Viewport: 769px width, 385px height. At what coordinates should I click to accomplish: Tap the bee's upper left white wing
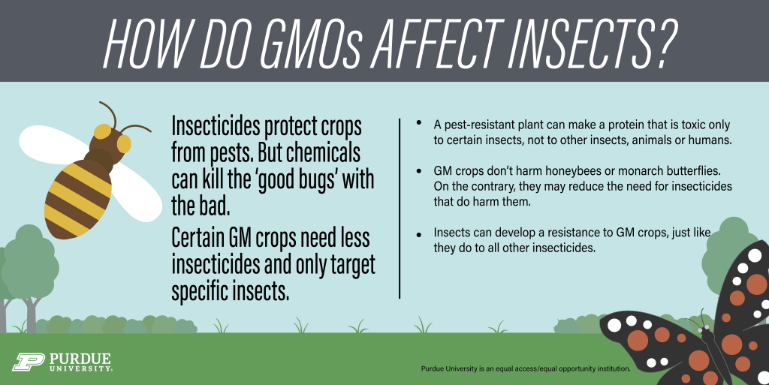pos(53,144)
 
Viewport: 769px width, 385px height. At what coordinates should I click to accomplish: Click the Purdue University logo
pos(62,362)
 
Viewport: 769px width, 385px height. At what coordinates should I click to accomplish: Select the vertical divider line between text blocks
pos(400,208)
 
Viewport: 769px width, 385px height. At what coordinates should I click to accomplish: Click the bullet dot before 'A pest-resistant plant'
pos(418,122)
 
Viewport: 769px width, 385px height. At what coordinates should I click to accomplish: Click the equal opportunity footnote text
pos(525,368)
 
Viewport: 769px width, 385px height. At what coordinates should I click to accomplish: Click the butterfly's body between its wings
pos(708,343)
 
